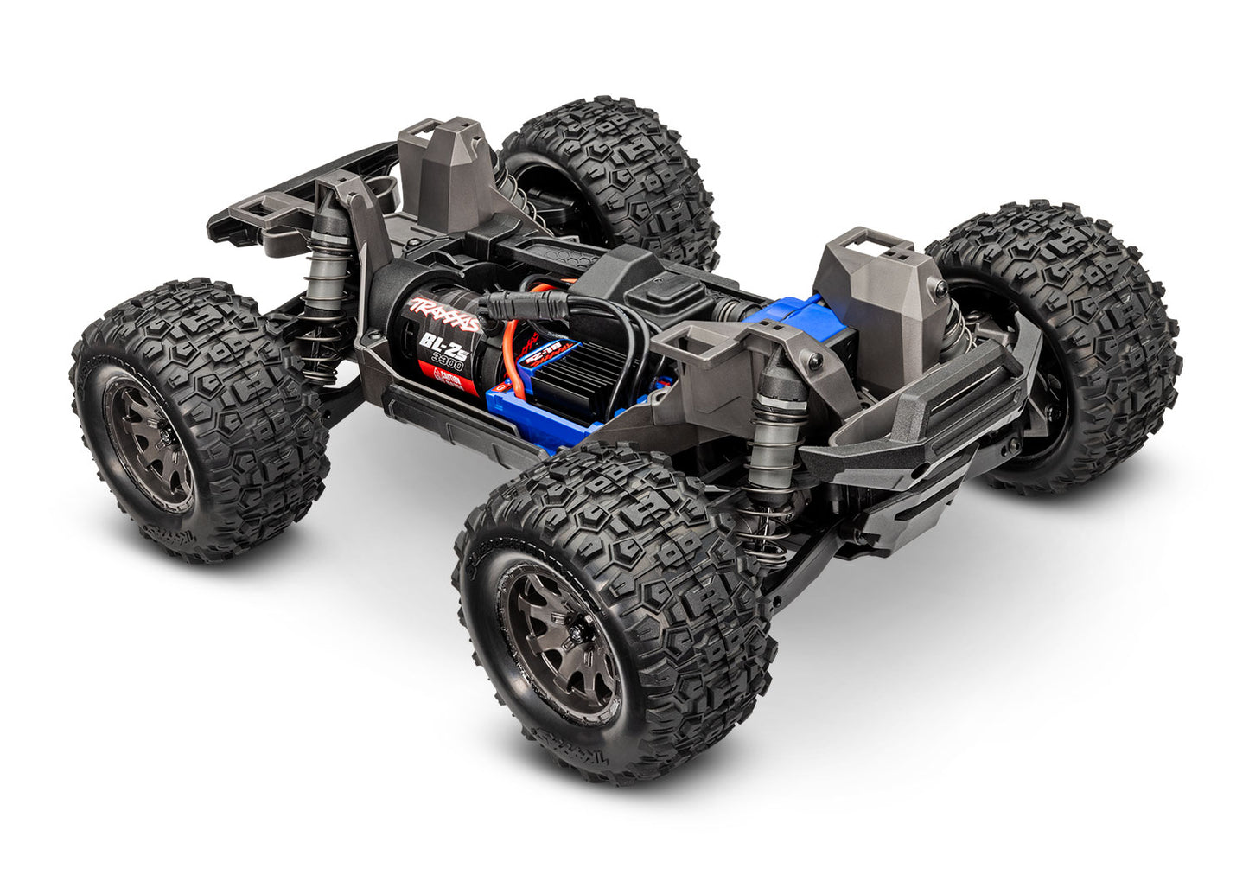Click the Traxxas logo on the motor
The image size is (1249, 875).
point(444,313)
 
